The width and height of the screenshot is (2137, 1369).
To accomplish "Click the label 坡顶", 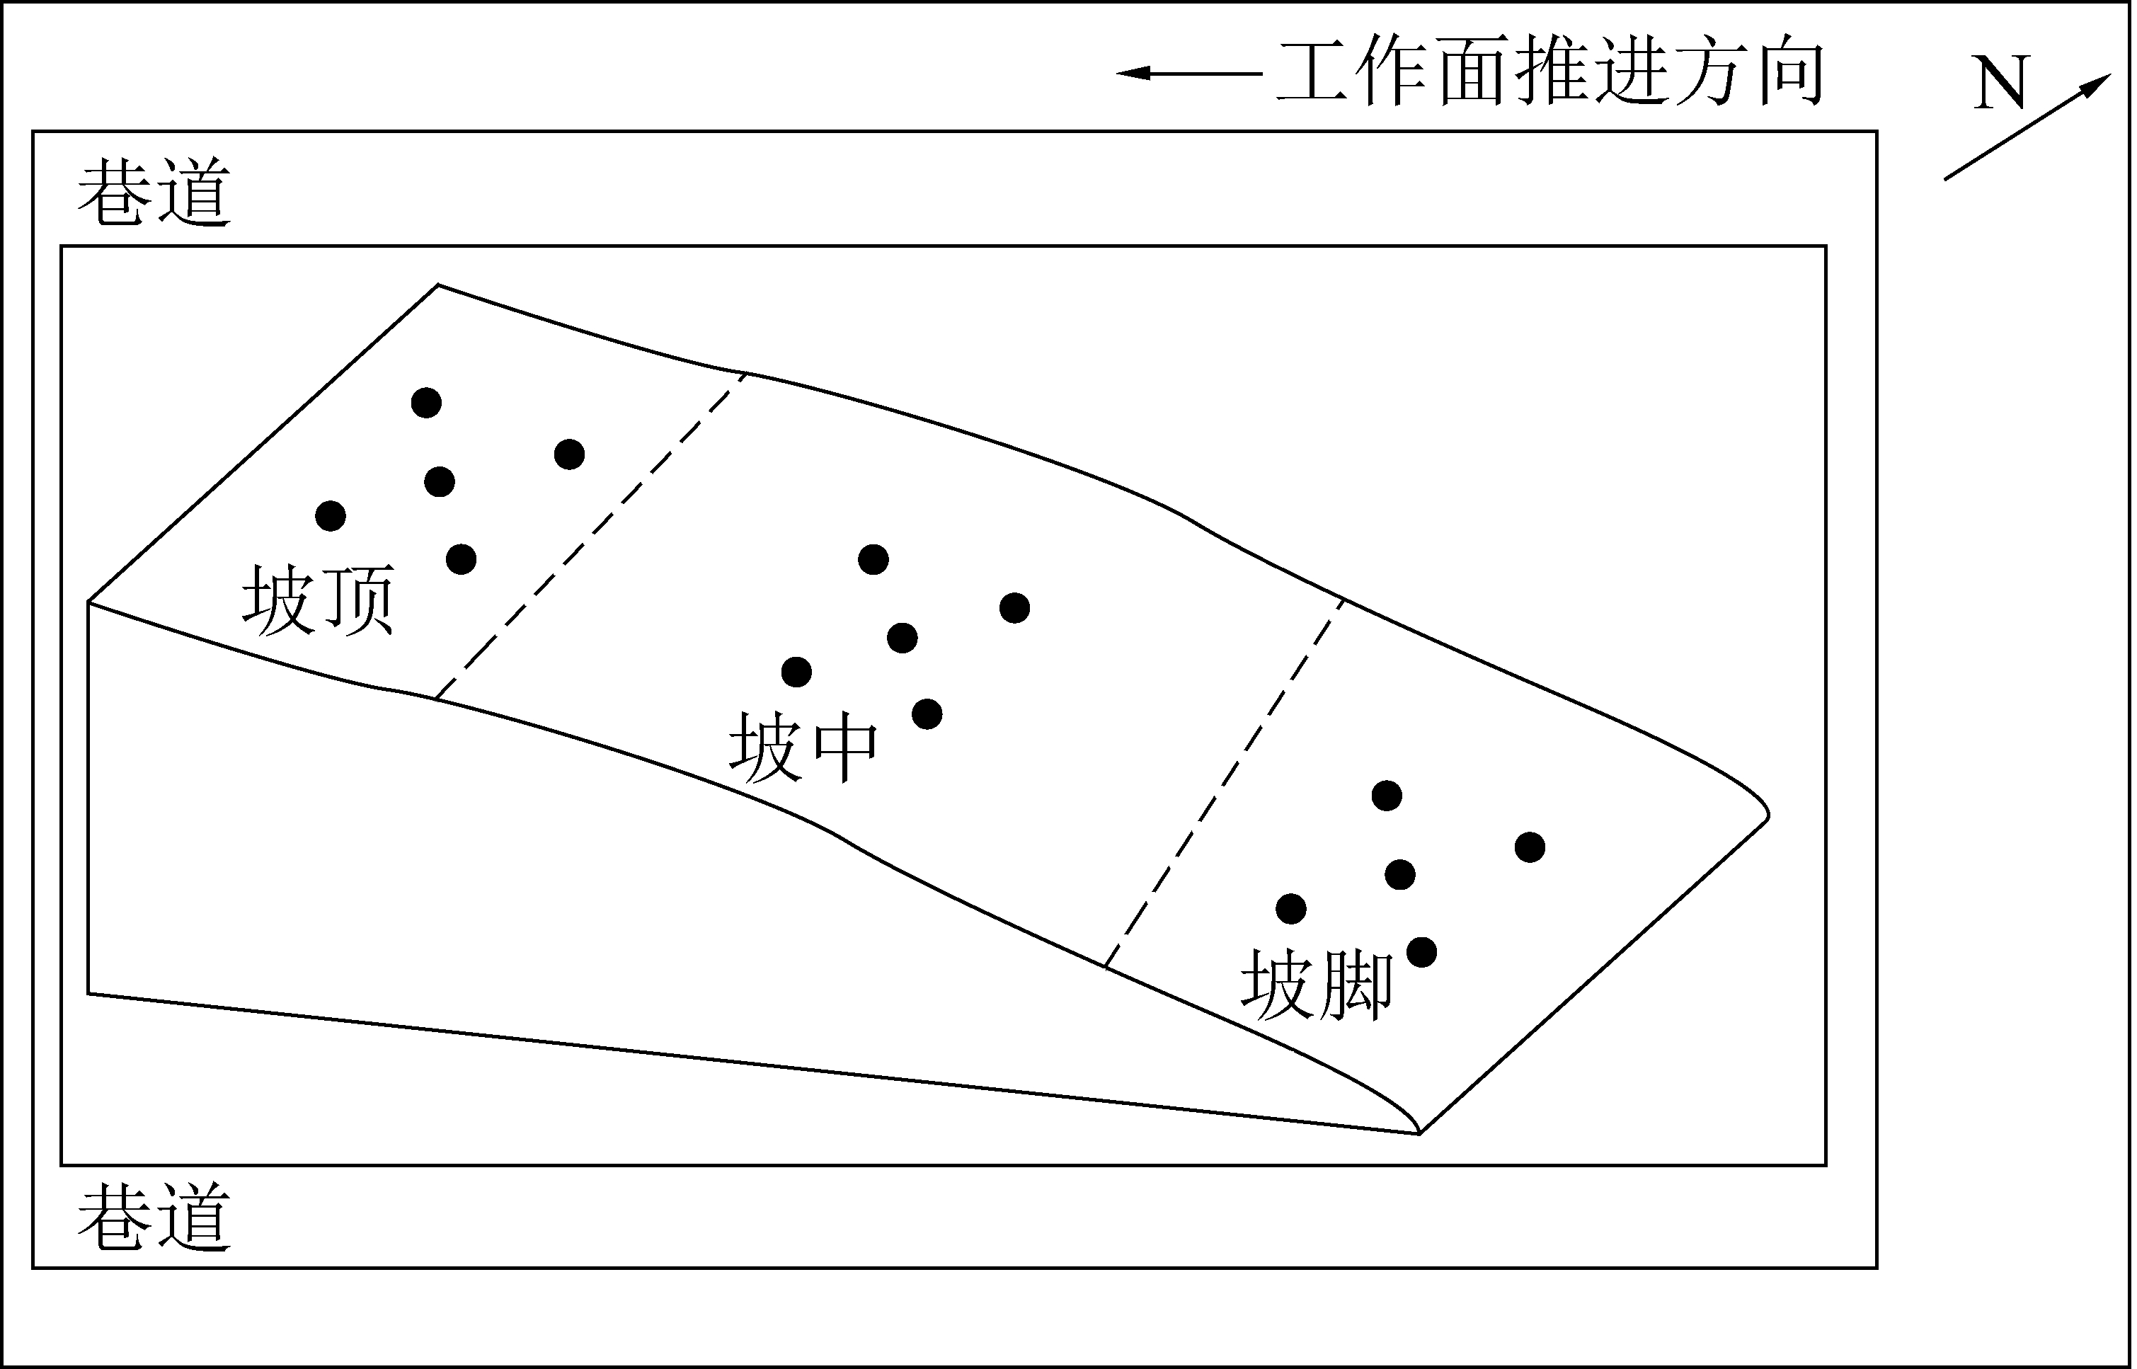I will point(319,600).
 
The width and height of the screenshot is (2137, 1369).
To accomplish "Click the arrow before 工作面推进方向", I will point(1189,73).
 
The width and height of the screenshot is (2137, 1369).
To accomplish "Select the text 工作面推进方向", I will point(1551,73).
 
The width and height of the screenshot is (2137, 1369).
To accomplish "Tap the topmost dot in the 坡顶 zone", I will point(427,403).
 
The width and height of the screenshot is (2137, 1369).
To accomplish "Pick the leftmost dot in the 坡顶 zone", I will point(331,515).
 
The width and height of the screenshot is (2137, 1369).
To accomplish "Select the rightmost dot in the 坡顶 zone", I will point(569,455).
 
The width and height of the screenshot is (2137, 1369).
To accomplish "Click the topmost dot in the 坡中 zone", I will point(873,559).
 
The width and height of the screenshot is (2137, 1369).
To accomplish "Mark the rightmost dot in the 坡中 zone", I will point(1014,608).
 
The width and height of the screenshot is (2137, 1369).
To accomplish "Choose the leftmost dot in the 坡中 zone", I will point(796,672).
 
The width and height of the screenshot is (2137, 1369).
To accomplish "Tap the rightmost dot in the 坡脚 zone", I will point(1530,847).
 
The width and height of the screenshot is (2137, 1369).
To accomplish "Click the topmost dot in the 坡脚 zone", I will point(1387,796).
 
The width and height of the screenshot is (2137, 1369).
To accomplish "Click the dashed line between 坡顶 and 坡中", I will point(591,536).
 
